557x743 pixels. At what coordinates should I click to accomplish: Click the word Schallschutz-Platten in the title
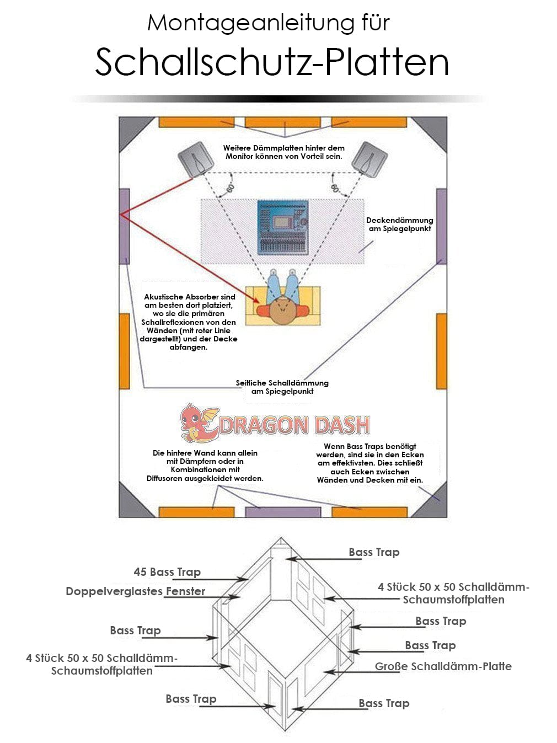pyautogui.click(x=272, y=62)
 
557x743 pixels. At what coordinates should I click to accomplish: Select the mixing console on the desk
pyautogui.click(x=283, y=227)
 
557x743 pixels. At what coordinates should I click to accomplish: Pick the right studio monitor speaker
pyautogui.click(x=370, y=159)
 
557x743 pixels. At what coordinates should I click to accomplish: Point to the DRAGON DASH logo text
pyautogui.click(x=294, y=425)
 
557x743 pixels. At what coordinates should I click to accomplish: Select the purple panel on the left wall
pyautogui.click(x=125, y=226)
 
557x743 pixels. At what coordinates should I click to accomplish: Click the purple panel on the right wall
pyautogui.click(x=441, y=226)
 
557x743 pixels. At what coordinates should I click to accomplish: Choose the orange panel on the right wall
pyautogui.click(x=441, y=351)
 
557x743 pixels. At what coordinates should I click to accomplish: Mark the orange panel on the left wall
pyautogui.click(x=125, y=351)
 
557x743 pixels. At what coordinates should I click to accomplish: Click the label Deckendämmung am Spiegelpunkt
pyautogui.click(x=399, y=224)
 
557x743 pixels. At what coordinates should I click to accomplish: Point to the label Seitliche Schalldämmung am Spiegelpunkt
pyautogui.click(x=282, y=387)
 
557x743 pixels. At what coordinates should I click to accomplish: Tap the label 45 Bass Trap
pyautogui.click(x=167, y=572)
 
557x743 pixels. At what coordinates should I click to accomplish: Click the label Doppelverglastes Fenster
pyautogui.click(x=135, y=591)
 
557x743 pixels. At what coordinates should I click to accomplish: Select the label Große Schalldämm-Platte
pyautogui.click(x=443, y=666)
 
